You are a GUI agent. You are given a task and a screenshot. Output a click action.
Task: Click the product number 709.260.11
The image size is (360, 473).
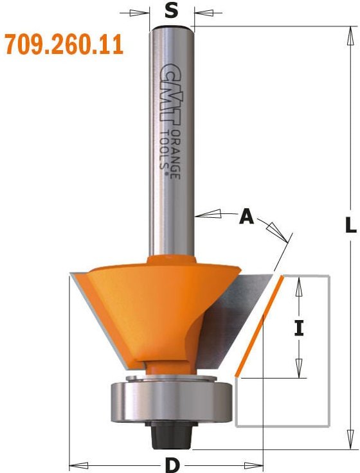click(x=64, y=46)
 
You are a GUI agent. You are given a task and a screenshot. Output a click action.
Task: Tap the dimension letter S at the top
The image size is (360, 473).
click(x=171, y=10)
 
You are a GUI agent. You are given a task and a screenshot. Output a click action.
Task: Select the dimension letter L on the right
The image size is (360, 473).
click(x=350, y=226)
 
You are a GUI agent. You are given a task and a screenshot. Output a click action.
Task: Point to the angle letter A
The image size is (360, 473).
click(x=246, y=218)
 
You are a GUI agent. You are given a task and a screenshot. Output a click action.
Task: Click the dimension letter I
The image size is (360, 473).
click(x=298, y=329)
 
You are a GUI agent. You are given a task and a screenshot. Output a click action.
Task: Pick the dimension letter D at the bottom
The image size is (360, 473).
click(x=172, y=463)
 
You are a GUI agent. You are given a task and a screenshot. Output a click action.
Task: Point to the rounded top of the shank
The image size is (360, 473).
click(x=172, y=27)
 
